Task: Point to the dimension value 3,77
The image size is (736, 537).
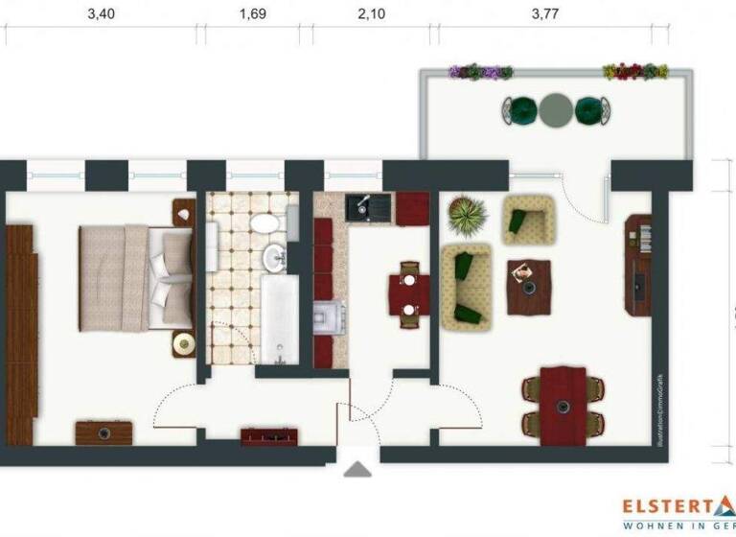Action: pyautogui.click(x=543, y=13)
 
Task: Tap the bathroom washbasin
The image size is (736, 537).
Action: pyautogui.click(x=275, y=256)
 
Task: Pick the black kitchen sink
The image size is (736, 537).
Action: pyautogui.click(x=364, y=205)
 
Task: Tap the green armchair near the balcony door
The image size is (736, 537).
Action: pyautogui.click(x=527, y=220)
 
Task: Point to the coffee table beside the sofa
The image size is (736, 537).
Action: pyautogui.click(x=528, y=286)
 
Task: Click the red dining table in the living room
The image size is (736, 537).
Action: pyautogui.click(x=563, y=404)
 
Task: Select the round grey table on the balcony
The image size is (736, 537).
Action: pyautogui.click(x=555, y=111)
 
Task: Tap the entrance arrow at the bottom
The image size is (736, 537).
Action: pyautogui.click(x=358, y=470)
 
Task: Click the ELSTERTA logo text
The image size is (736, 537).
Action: pyautogui.click(x=671, y=505)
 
